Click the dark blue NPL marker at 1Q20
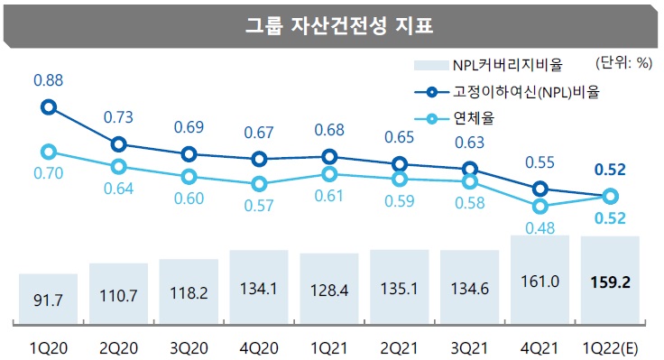tap(49, 107)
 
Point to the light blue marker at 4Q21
tap(540, 206)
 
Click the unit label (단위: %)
tap(622, 63)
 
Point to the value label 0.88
tap(48, 81)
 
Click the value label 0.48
tap(540, 229)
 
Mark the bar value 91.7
tap(48, 298)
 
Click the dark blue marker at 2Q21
tap(400, 164)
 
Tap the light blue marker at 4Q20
tap(259, 183)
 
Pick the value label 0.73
tap(118, 117)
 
